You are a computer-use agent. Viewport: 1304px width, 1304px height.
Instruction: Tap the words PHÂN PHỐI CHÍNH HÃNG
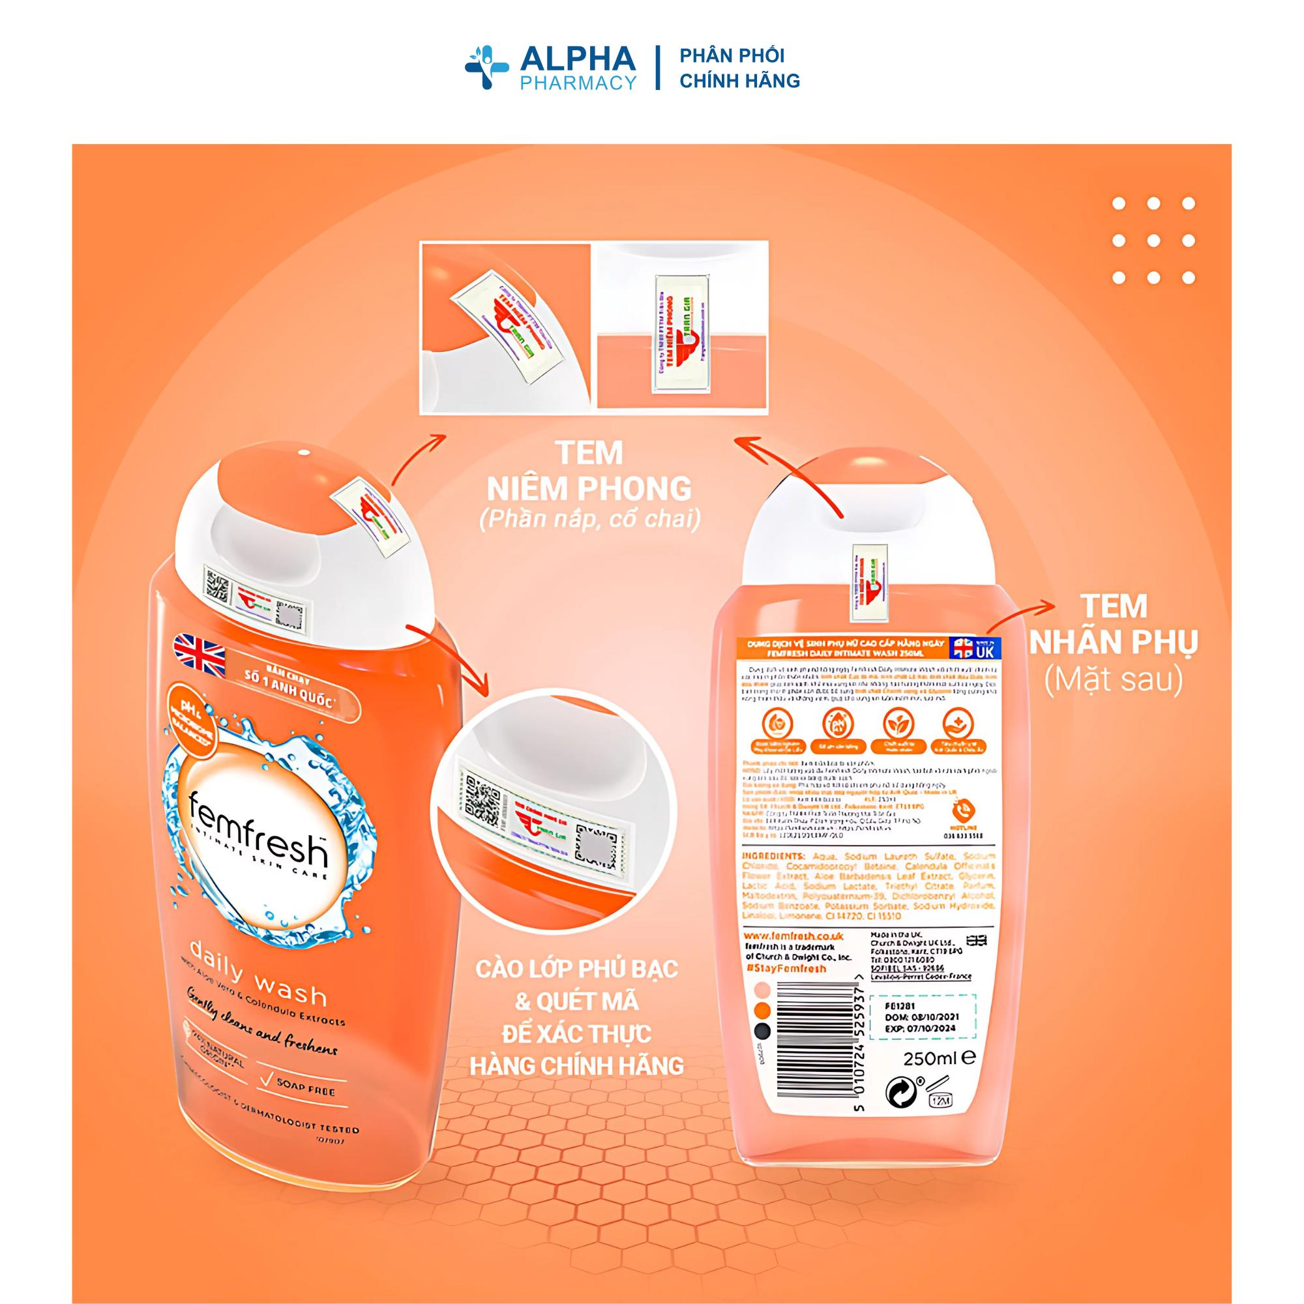coord(739,68)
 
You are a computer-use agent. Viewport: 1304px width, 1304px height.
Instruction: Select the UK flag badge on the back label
coord(973,649)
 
